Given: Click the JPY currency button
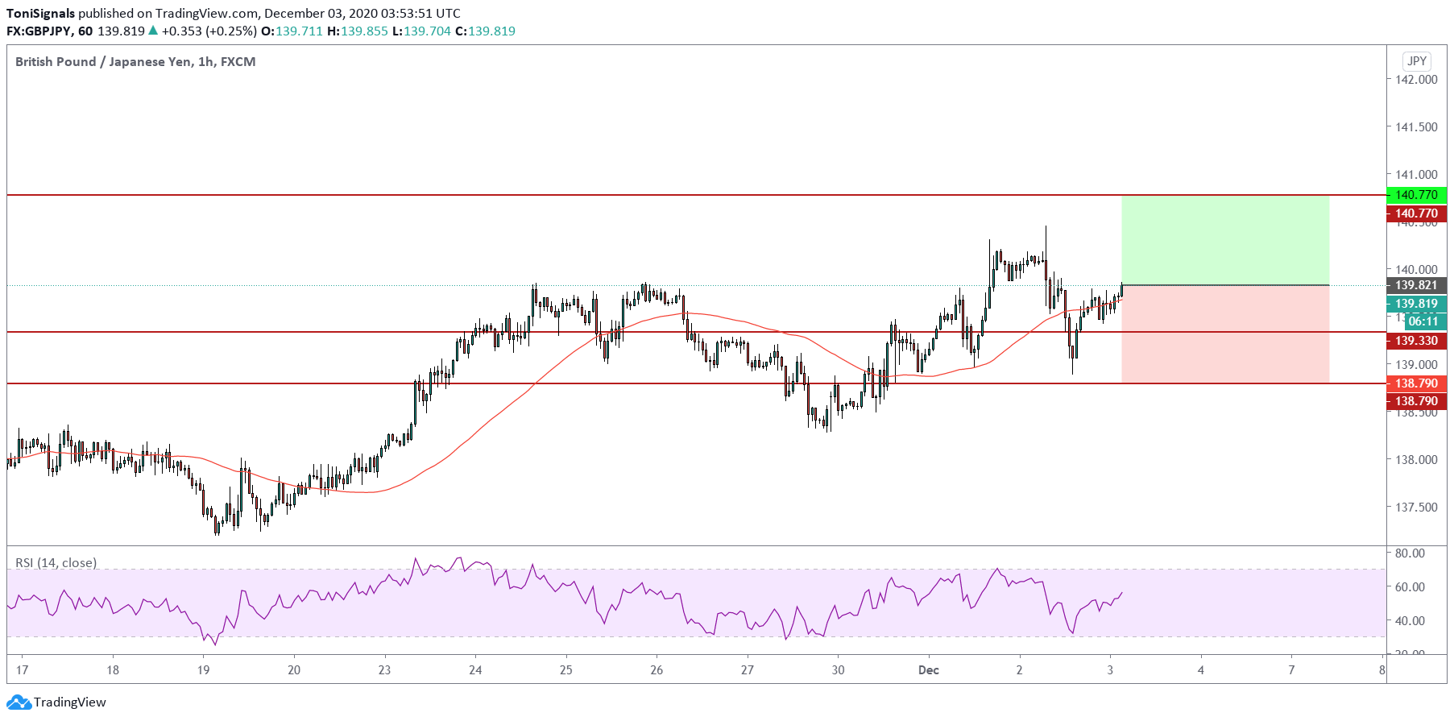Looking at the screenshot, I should [1416, 61].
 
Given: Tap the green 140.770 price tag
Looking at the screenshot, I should [1416, 195].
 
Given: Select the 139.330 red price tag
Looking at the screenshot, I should [1416, 341].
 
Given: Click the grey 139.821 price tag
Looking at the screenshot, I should [1416, 285].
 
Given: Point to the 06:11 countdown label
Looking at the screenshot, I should [1423, 321].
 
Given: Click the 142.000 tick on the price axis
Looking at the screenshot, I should [1416, 80].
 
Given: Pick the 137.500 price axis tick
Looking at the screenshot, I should [1416, 508].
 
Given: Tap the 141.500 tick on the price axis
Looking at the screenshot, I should [1416, 127].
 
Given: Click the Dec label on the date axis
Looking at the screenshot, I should [929, 670].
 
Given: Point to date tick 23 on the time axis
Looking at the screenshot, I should [385, 670].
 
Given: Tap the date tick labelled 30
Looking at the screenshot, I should [838, 670].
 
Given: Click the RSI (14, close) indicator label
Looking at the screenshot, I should [56, 563].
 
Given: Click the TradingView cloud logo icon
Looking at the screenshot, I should [19, 702].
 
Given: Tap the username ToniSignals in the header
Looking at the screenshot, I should [40, 14].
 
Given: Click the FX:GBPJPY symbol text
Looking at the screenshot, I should [38, 31].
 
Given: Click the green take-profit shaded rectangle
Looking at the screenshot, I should [1224, 240].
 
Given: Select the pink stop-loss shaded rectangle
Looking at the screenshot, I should [1224, 334].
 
